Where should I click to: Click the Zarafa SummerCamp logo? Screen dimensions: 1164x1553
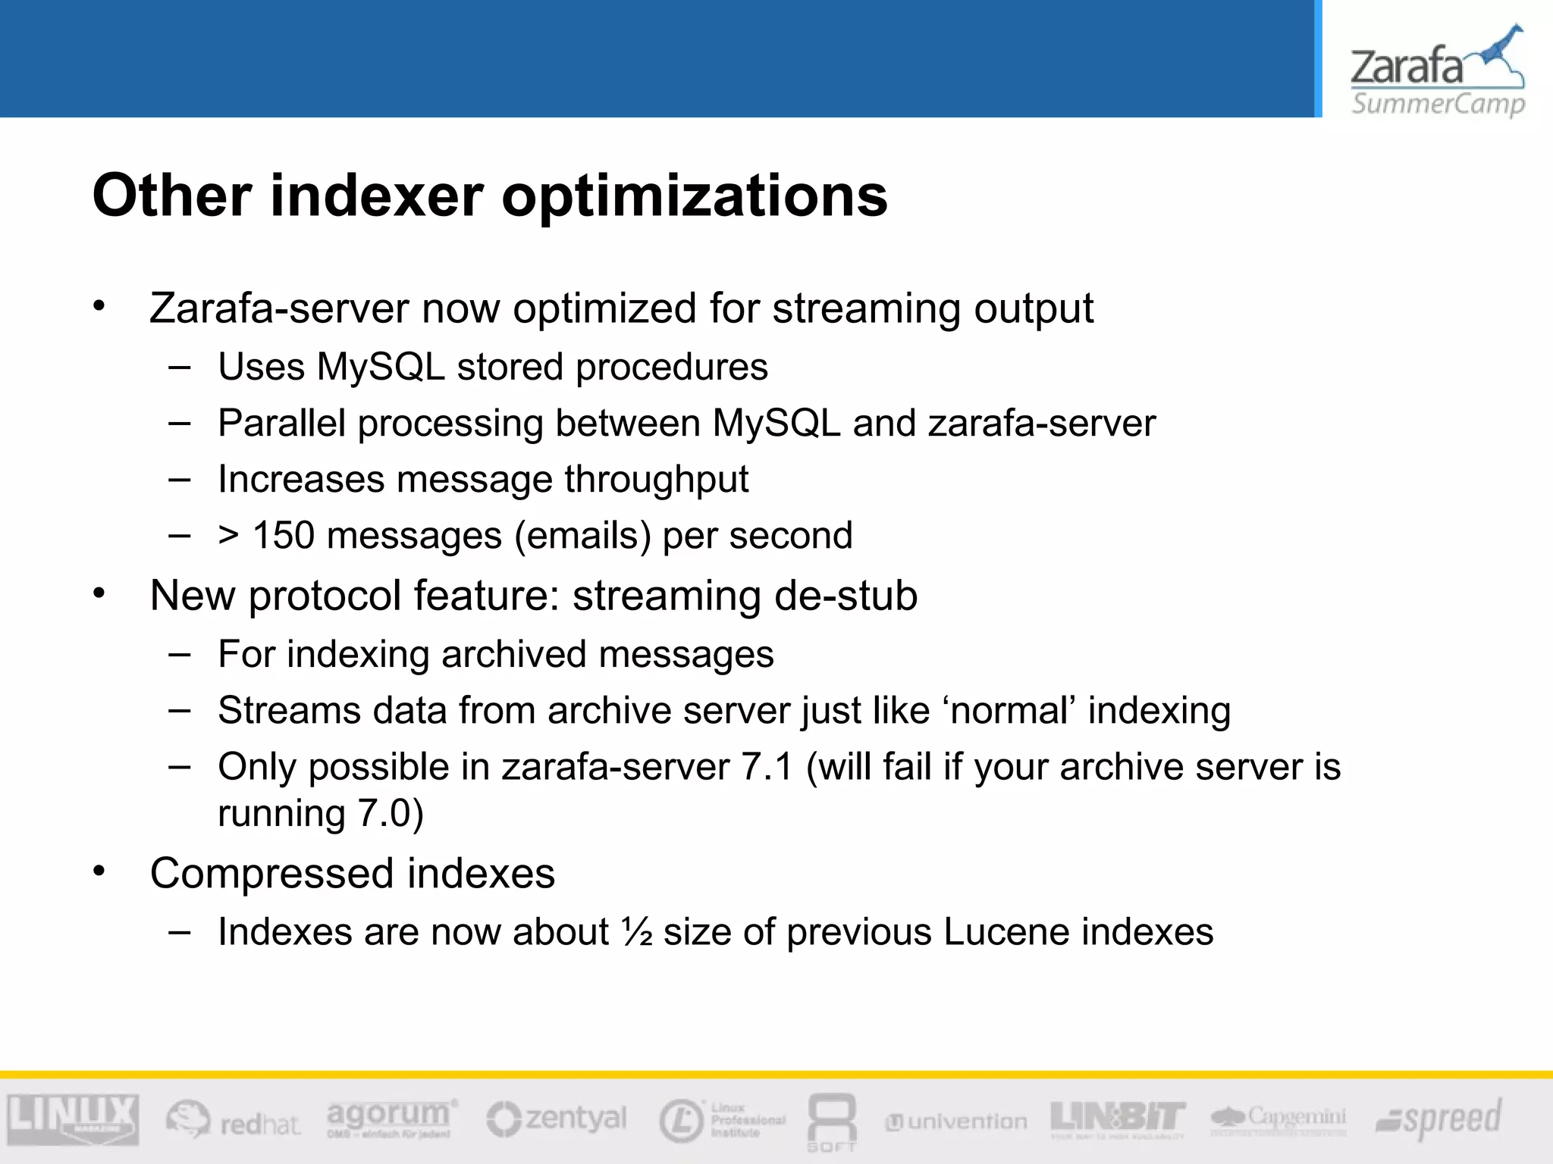click(x=1437, y=72)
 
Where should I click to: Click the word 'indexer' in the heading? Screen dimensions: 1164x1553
click(x=376, y=196)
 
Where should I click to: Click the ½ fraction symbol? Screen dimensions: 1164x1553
click(x=637, y=931)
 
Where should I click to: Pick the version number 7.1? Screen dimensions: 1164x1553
click(x=767, y=767)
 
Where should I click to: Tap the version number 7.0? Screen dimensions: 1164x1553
click(x=384, y=813)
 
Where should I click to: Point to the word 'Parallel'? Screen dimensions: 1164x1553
click(x=281, y=423)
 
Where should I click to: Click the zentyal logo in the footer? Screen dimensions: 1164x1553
click(x=557, y=1119)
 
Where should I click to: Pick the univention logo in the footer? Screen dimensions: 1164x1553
click(x=957, y=1122)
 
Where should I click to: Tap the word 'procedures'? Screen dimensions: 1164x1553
click(x=671, y=368)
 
